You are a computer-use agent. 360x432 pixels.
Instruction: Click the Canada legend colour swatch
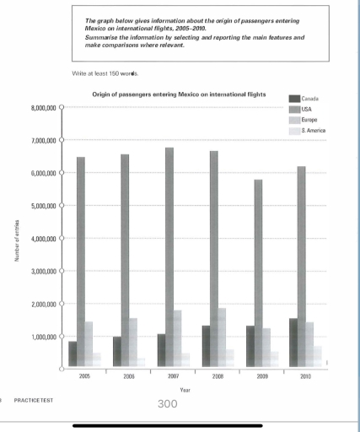pyautogui.click(x=294, y=100)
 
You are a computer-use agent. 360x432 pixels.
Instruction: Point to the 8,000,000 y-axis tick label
pyautogui.click(x=41, y=108)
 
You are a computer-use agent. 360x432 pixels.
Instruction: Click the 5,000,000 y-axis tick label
pyautogui.click(x=41, y=206)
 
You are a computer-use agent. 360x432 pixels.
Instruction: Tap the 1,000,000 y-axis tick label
pyautogui.click(x=41, y=337)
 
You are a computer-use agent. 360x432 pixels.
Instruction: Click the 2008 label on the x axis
pyautogui.click(x=218, y=377)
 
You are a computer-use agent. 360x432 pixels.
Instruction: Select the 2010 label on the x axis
pyautogui.click(x=306, y=377)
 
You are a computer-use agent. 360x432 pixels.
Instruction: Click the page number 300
pyautogui.click(x=169, y=403)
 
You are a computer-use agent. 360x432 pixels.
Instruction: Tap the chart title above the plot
pyautogui.click(x=179, y=94)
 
